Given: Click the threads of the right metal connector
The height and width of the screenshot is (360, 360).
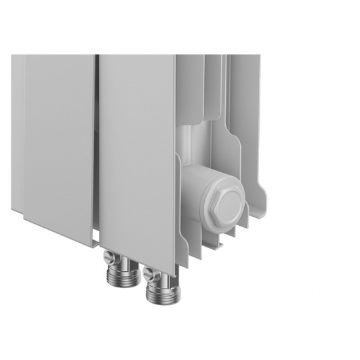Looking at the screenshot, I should point(159,293).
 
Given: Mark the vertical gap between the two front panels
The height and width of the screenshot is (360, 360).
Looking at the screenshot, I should point(97,144).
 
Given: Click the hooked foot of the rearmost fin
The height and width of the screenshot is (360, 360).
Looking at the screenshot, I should point(262,196).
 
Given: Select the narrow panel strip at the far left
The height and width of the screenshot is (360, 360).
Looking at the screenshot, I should point(17,131).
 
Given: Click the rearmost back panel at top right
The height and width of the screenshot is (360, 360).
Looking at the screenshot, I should point(245,98).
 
